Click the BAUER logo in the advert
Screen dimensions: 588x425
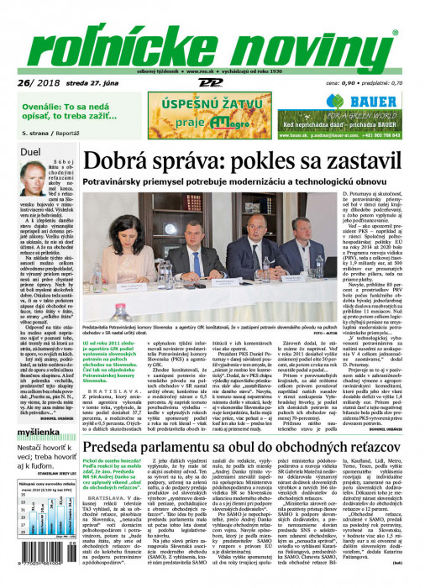[x=369, y=101]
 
